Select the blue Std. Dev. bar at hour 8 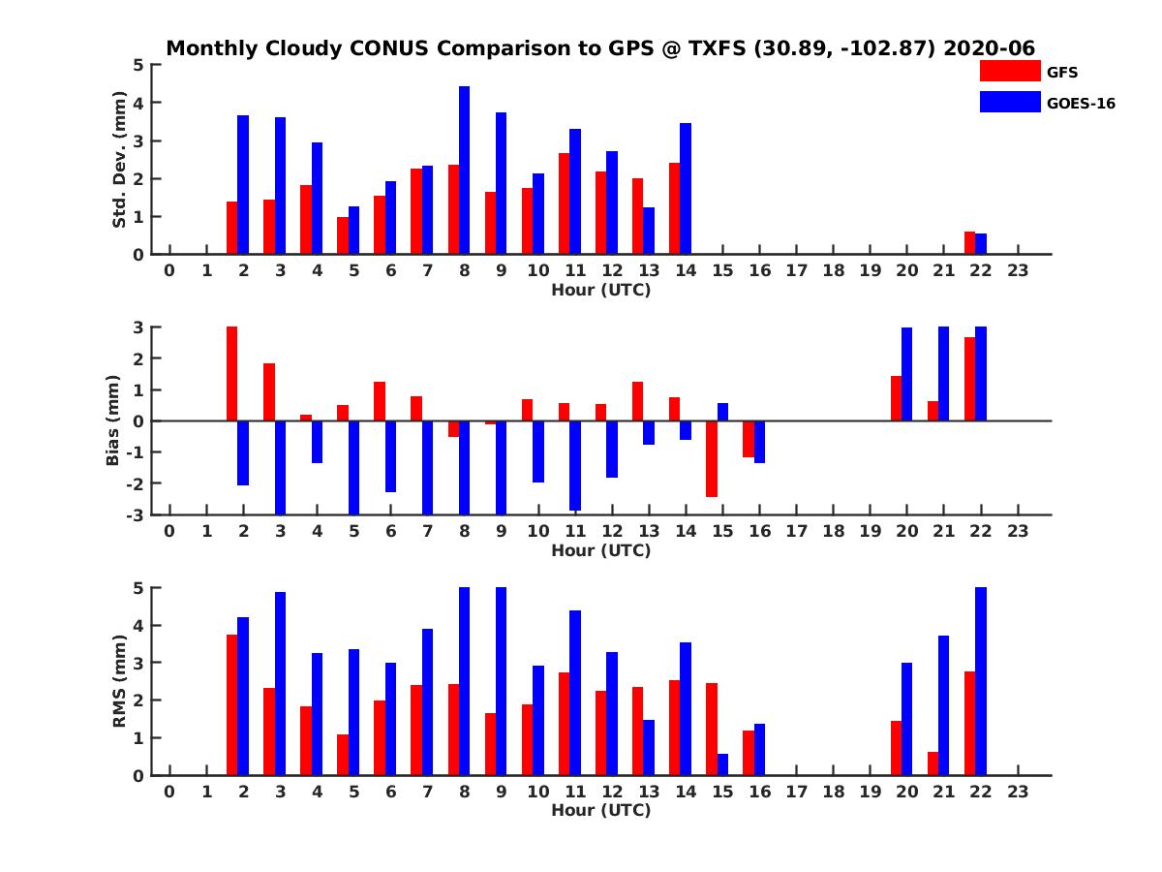pos(464,171)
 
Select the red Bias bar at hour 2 pos(232,374)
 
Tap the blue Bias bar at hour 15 pos(722,412)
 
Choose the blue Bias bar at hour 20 pos(907,374)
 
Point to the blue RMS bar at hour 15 pos(722,764)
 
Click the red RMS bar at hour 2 pos(232,704)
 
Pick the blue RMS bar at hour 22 pos(981,681)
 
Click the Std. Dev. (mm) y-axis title pos(120,160)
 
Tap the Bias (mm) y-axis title pos(113,421)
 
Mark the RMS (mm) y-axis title pos(120,681)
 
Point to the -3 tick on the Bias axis pos(137,514)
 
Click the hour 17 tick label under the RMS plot pos(796,791)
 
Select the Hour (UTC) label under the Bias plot pos(600,550)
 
